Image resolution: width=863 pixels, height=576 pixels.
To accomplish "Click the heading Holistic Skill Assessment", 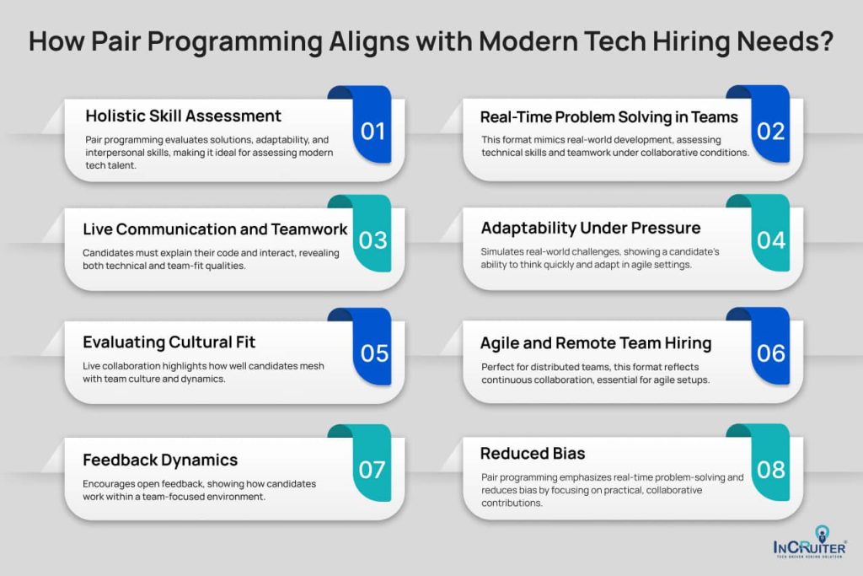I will pos(184,116).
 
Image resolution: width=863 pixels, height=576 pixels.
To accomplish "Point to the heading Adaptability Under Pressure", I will pos(591,228).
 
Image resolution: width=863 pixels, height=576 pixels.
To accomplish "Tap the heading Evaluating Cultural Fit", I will pos(169,342).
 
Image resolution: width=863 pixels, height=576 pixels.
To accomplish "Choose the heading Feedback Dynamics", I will pos(160,460).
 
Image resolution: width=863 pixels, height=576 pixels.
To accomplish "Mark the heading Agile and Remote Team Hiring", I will pos(596,342).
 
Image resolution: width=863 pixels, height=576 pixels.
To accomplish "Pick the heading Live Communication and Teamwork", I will pos(216,229).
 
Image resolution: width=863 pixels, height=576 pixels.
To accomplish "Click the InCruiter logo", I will pos(810,549).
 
